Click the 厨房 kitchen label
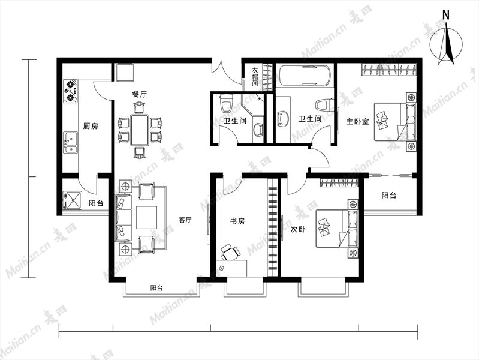91,126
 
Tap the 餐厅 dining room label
139,94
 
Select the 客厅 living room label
185,220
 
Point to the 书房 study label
237,221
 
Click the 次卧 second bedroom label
298,229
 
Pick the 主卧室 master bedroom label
357,121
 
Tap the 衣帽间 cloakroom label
255,77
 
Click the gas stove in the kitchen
71,91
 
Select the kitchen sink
71,143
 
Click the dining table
140,130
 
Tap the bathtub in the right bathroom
305,75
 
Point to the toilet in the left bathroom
227,103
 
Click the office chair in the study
230,253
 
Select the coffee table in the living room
147,217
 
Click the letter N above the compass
446,15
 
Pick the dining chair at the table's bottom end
140,153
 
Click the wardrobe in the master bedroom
388,70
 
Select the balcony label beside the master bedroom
389,195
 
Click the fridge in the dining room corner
125,73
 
